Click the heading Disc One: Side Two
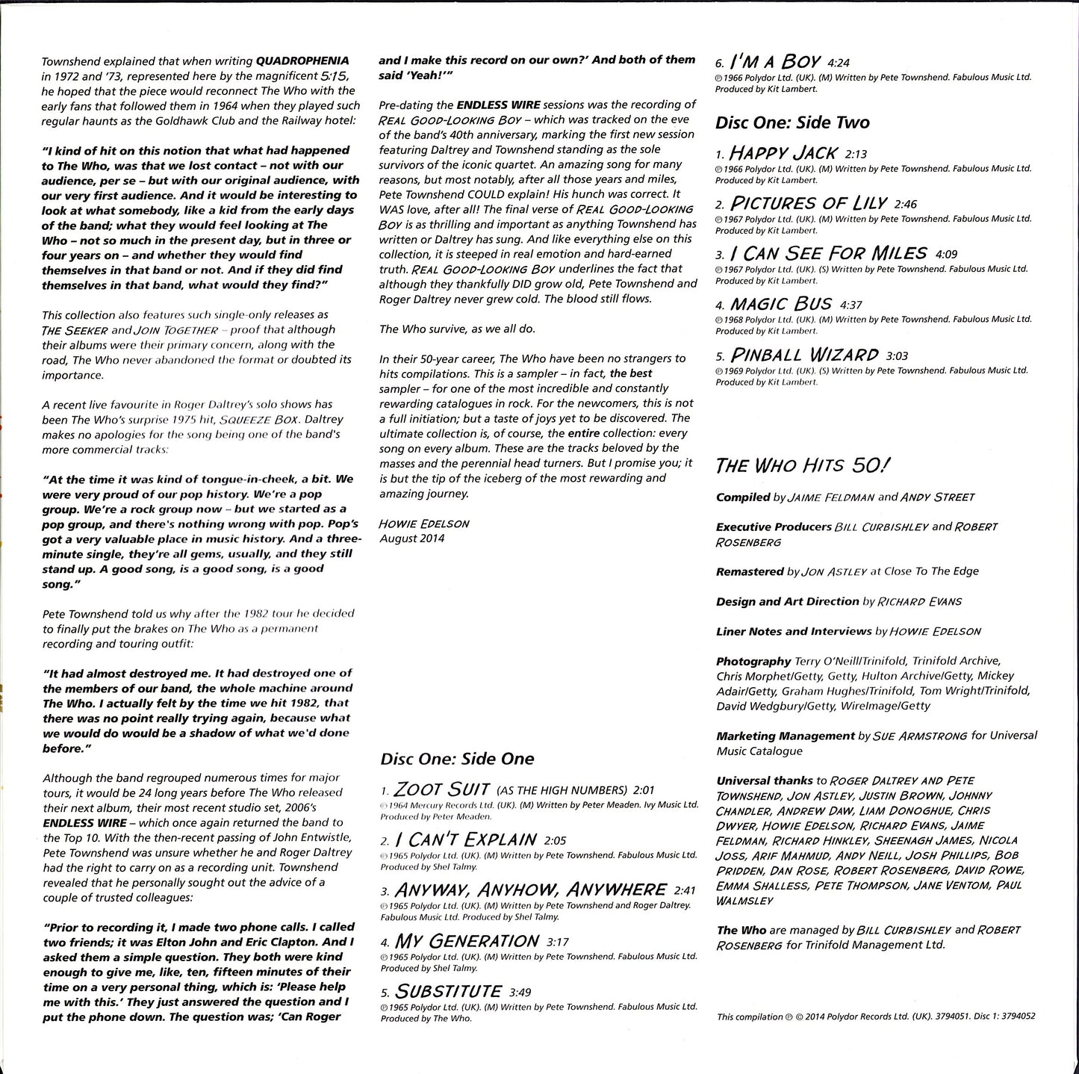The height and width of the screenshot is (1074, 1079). [792, 122]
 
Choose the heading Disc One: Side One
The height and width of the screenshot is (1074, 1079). [457, 759]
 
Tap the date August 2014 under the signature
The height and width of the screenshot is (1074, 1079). [411, 538]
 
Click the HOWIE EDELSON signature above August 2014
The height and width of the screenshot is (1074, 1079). [424, 524]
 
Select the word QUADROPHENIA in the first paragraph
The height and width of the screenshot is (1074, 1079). [302, 60]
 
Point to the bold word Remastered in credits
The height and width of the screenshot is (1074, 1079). [750, 571]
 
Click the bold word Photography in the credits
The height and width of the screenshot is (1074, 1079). [753, 661]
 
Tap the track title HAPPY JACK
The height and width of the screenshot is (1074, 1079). [783, 153]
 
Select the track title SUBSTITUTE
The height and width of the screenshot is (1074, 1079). [448, 991]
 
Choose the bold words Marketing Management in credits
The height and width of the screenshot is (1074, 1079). [785, 736]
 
